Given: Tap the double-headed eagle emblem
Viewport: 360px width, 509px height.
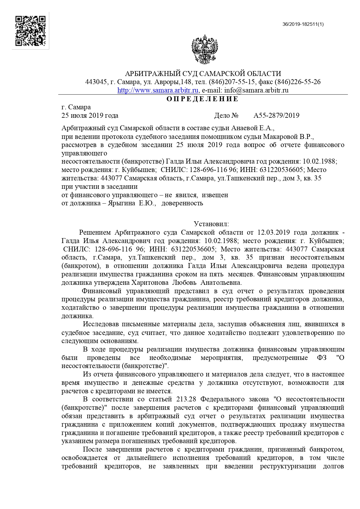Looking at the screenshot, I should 204,50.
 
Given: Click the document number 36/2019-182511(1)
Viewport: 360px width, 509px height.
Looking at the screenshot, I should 303,24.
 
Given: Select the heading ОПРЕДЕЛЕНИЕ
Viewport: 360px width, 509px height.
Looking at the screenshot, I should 202,99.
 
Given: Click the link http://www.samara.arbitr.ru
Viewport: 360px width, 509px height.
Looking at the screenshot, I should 158,90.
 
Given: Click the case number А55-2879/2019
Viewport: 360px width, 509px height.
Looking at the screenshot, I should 276,116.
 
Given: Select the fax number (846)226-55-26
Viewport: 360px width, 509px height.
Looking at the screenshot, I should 298,82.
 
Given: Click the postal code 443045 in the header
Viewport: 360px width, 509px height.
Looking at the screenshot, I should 96,82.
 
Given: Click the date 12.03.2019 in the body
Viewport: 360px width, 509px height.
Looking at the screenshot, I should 274,232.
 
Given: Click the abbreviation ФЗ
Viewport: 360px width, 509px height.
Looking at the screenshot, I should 322,358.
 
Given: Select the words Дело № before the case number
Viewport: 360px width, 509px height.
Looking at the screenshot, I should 226,116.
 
